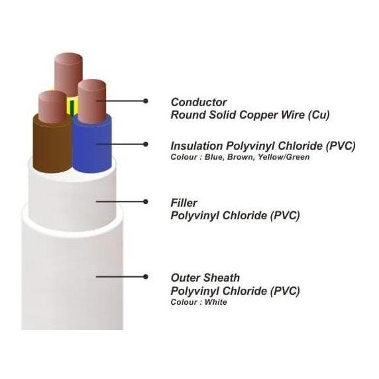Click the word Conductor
click(199, 102)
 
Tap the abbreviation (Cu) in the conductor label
click(319, 115)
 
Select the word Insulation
click(197, 146)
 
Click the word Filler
click(184, 203)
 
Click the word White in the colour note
click(215, 302)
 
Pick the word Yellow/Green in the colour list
click(284, 157)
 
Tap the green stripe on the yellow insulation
click(72, 107)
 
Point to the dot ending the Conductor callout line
click(145, 101)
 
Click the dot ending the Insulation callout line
click(145, 144)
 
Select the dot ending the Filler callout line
click(145, 201)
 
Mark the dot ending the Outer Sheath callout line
click(145, 276)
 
